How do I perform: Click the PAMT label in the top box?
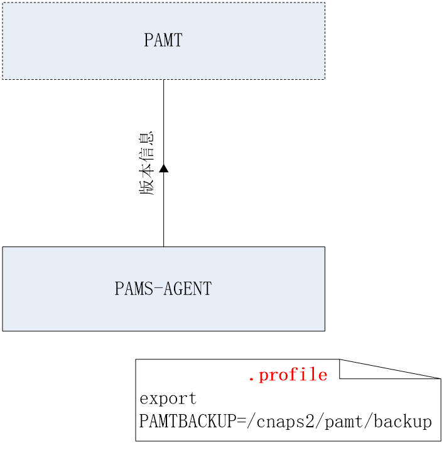(x=163, y=40)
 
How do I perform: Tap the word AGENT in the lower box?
(x=187, y=288)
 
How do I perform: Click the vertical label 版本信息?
(x=147, y=163)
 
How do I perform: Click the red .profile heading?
(x=288, y=375)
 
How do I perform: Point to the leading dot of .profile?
(x=251, y=379)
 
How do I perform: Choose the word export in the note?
(x=168, y=398)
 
